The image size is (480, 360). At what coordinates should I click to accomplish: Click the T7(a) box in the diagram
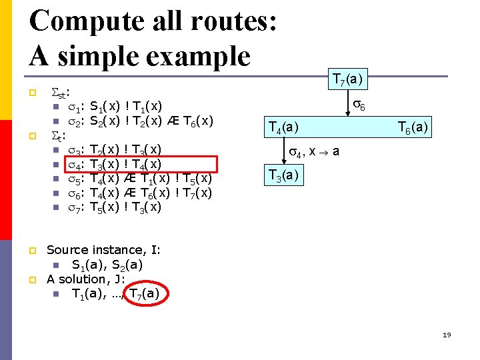click(x=347, y=81)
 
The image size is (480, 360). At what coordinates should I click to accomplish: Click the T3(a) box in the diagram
click(x=283, y=175)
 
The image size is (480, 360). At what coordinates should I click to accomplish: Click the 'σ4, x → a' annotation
click(x=313, y=152)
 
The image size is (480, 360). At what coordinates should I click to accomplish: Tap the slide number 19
click(x=446, y=335)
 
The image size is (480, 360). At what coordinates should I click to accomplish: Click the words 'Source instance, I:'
click(x=103, y=250)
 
